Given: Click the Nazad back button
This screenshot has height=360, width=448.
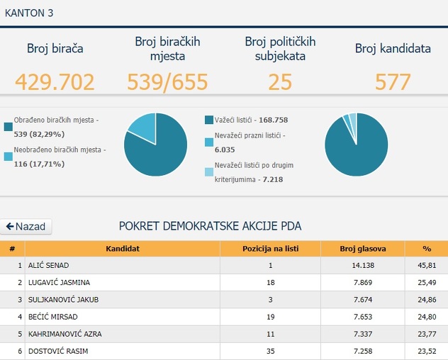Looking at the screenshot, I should (x=26, y=227).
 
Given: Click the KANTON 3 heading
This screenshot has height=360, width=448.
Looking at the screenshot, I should (x=28, y=13).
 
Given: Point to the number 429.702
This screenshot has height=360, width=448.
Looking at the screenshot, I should (x=55, y=81).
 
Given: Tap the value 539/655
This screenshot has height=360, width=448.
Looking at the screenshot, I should (x=167, y=81).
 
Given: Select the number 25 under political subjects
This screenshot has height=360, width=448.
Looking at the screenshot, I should (x=280, y=81).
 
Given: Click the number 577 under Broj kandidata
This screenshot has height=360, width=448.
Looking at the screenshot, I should (x=393, y=81).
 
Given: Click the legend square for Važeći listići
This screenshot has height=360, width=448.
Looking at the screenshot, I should (x=208, y=120).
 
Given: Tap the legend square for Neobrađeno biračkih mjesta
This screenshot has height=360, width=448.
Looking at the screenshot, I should (x=8, y=155).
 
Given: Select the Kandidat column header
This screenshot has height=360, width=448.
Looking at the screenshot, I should (x=122, y=249).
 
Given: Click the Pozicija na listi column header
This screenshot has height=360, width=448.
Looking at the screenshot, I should (x=270, y=249).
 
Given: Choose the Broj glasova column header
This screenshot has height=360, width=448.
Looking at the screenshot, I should (x=362, y=249).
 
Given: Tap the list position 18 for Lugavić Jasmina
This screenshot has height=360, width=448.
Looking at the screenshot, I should (x=270, y=282).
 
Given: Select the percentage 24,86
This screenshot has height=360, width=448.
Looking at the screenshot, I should (x=427, y=299).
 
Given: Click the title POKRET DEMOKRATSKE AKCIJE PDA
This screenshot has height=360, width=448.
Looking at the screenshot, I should (x=210, y=227).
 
